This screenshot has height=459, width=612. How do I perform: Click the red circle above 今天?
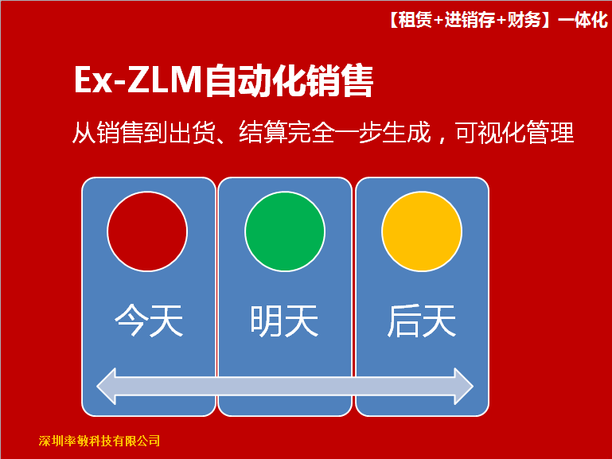click(x=147, y=231)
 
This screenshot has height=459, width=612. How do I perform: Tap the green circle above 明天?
click(x=285, y=231)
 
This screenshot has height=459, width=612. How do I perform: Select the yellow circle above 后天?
click(x=422, y=231)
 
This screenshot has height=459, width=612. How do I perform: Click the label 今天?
click(x=149, y=321)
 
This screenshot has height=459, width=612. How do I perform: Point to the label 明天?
click(x=285, y=321)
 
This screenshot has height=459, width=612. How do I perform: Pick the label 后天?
click(x=422, y=321)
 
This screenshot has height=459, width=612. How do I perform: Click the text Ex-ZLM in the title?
click(x=138, y=80)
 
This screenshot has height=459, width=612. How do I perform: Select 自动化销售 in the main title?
click(x=289, y=80)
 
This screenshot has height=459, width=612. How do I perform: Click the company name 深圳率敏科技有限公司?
click(x=99, y=441)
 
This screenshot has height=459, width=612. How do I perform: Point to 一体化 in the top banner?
click(x=583, y=20)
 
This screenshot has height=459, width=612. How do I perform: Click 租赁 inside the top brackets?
click(x=415, y=20)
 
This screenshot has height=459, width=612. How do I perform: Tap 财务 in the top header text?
click(x=524, y=20)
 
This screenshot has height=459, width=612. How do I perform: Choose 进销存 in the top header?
click(x=470, y=20)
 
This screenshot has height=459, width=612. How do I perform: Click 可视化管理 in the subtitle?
click(x=514, y=133)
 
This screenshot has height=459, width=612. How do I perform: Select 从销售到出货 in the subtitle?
click(x=143, y=133)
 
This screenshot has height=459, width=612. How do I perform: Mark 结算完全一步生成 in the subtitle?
click(x=335, y=133)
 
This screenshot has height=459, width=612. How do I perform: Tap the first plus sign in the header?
click(x=439, y=20)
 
